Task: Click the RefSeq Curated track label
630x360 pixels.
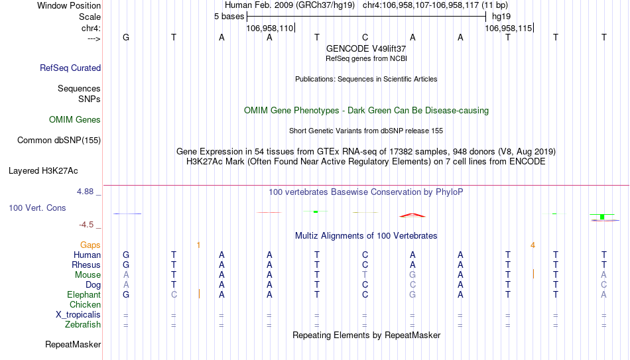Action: (x=70, y=68)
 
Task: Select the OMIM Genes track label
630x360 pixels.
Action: (x=75, y=120)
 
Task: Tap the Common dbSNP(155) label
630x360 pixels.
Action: (x=59, y=141)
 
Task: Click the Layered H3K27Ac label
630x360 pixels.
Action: (x=43, y=171)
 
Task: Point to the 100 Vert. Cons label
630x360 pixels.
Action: (x=37, y=208)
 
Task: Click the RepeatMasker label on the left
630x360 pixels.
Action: (x=73, y=344)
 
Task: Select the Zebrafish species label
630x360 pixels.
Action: (x=83, y=324)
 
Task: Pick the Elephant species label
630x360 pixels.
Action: (x=84, y=294)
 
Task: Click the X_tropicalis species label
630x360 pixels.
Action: (x=78, y=315)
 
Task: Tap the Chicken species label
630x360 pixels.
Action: (x=85, y=304)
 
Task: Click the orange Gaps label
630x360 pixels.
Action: (x=90, y=245)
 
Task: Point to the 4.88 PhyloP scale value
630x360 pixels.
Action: (x=85, y=192)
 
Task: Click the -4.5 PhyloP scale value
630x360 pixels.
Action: (x=86, y=225)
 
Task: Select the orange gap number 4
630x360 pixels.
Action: (x=533, y=245)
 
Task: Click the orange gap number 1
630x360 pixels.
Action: (x=198, y=245)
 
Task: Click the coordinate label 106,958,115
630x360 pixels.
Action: (x=508, y=28)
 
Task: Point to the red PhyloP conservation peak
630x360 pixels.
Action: (x=412, y=215)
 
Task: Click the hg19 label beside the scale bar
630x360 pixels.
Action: (x=501, y=17)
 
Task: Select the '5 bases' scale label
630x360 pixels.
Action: (x=229, y=17)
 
